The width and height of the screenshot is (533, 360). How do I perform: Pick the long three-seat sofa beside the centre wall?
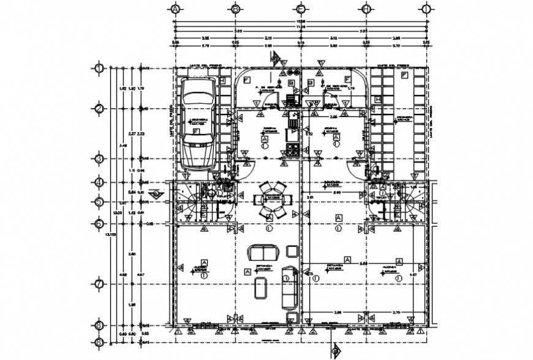(288, 287)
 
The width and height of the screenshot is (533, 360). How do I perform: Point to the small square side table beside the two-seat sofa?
(292, 250)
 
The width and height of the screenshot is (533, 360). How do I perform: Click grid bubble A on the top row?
(176, 9)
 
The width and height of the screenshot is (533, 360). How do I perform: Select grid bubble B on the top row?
(235, 9)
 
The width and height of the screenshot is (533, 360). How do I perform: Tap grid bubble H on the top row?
(366, 9)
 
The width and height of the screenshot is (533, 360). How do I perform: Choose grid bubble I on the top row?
(425, 9)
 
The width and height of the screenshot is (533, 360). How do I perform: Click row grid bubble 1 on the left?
(99, 68)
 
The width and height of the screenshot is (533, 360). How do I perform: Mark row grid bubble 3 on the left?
(99, 159)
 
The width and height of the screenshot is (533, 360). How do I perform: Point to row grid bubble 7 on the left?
(99, 284)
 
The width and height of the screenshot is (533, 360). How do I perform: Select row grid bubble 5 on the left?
(99, 201)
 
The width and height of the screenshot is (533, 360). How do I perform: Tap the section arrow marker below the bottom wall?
(335, 351)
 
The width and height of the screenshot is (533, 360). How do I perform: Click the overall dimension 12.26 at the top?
(300, 21)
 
